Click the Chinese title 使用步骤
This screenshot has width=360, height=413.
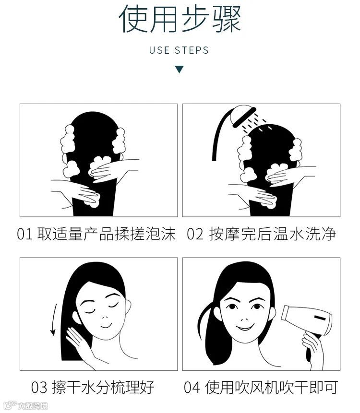180,19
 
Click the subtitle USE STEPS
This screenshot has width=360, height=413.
179,50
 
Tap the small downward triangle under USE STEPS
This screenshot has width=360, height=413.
179,69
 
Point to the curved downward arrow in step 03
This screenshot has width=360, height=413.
54,319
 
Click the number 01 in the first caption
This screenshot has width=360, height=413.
24,234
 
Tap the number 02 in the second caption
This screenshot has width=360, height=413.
195,234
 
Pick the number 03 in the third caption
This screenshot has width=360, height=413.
39,388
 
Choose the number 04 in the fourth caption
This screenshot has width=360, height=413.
192,388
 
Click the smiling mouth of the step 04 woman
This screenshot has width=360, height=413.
245,328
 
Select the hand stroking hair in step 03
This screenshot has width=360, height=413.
79,342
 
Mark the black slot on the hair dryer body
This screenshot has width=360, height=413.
320,318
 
